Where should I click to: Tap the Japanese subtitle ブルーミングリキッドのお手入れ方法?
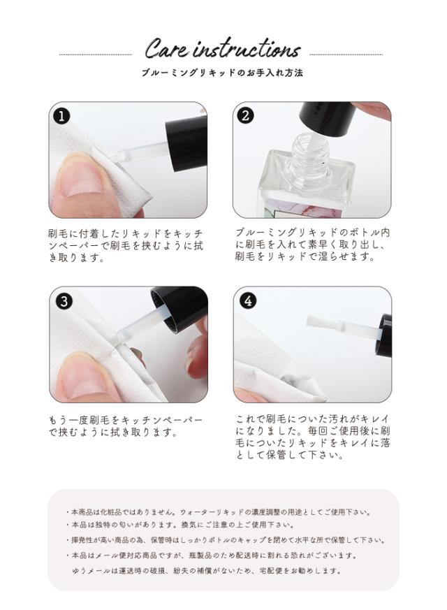(221, 73)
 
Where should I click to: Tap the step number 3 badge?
(63, 300)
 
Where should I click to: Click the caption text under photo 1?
(125, 245)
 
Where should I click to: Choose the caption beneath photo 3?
(125, 426)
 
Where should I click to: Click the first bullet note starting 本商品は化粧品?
(223, 511)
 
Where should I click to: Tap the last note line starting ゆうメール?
(207, 570)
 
